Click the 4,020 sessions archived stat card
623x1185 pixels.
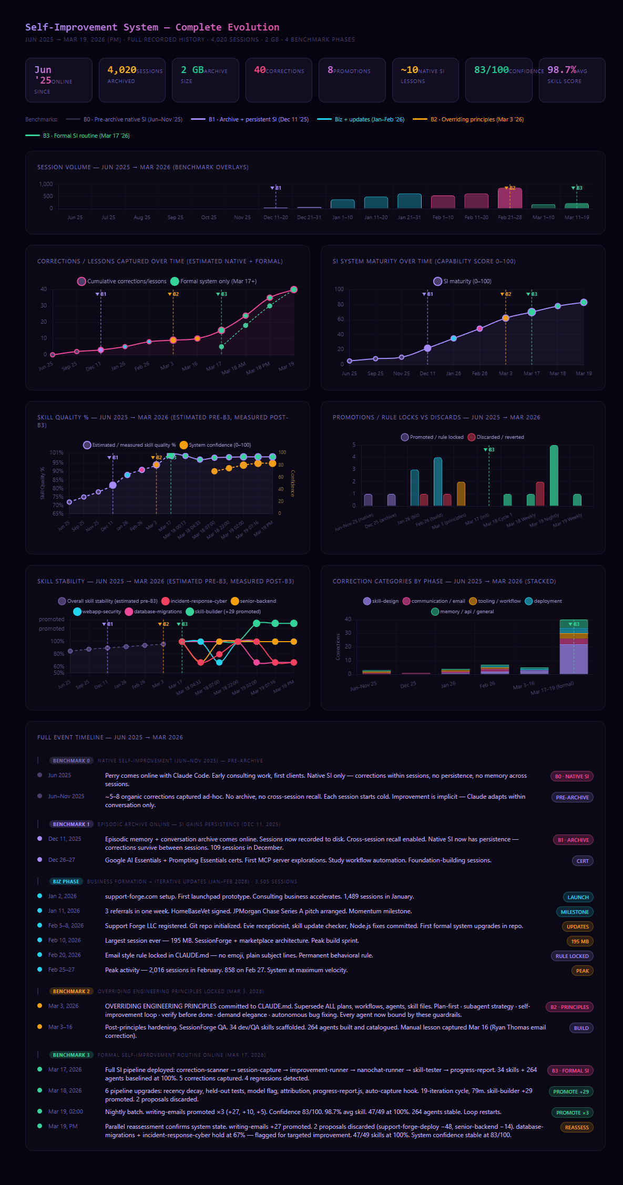point(132,80)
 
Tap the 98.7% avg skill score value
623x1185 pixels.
point(561,70)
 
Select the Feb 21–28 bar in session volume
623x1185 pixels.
point(510,198)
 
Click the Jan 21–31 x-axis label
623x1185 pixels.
point(409,218)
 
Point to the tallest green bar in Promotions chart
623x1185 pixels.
point(554,476)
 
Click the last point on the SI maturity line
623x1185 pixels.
point(584,303)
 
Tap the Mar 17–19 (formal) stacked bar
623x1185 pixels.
point(574,647)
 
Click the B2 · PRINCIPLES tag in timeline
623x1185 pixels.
point(569,1007)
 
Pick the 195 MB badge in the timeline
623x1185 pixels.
point(580,942)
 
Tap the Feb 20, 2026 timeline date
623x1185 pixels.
point(64,955)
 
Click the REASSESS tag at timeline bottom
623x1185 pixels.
point(576,1128)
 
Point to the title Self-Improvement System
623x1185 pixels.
point(91,27)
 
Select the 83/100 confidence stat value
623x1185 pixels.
point(491,70)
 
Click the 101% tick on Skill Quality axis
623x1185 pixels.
point(56,452)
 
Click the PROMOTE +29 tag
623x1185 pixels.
point(570,1092)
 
